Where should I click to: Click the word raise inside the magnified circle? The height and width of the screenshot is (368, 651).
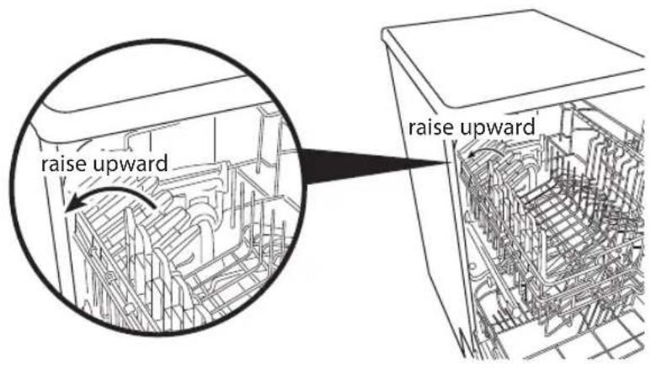pos(63,163)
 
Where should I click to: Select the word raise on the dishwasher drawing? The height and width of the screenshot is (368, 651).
pos(429,128)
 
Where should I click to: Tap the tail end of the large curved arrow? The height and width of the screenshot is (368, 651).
pos(155,206)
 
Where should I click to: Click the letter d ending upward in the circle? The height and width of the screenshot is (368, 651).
pos(163,163)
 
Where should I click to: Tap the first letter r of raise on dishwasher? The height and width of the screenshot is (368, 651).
pos(412,130)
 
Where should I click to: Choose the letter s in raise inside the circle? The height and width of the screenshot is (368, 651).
pos(70,165)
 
